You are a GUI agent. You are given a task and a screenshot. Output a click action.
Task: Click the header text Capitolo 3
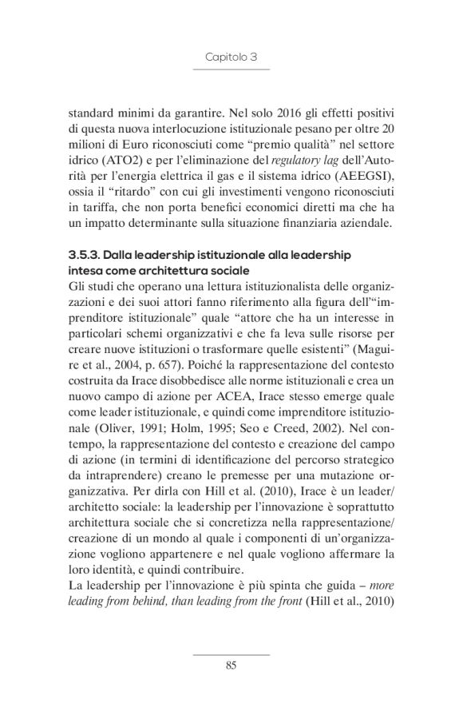pyautogui.click(x=231, y=58)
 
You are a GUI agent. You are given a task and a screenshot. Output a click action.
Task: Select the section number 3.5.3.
pyautogui.click(x=85, y=253)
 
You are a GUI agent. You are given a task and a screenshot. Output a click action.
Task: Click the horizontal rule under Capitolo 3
pyautogui.click(x=231, y=70)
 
